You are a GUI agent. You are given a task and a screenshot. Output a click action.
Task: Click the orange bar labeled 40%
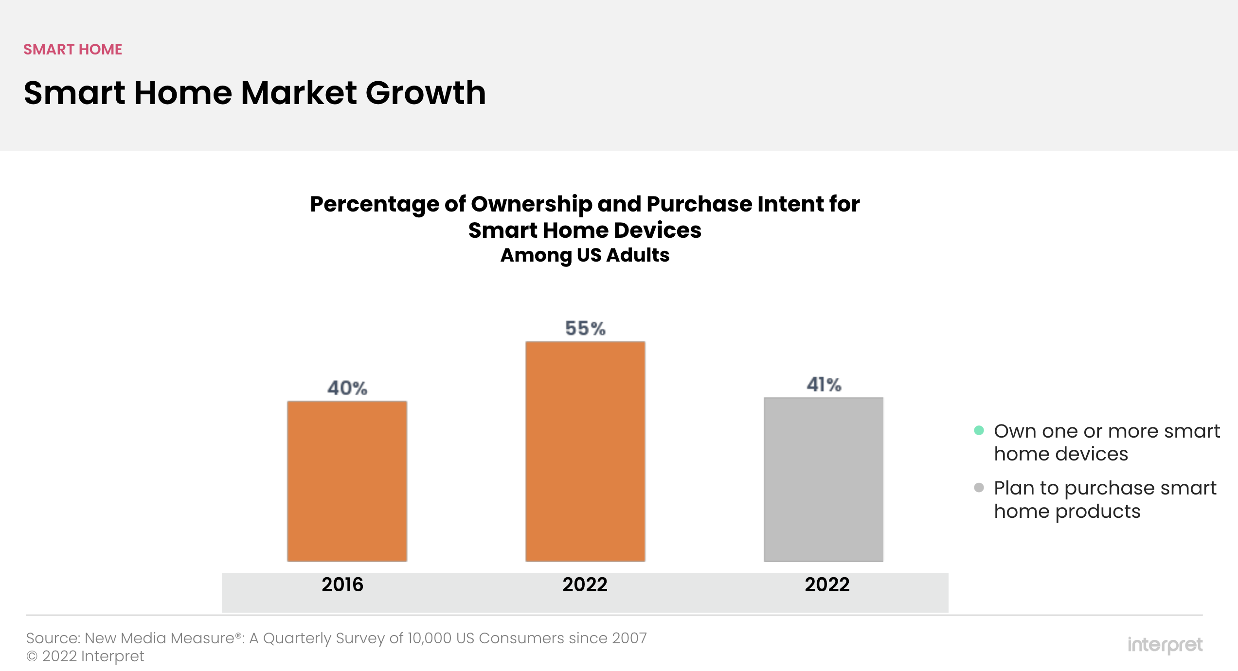click(x=347, y=481)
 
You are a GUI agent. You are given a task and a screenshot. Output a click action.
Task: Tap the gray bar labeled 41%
click(x=824, y=479)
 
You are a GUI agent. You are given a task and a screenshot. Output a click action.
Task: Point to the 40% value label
click(x=347, y=388)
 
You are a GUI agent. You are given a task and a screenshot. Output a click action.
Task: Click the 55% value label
click(x=585, y=329)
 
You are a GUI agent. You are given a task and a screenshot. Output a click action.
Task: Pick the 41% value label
click(x=824, y=385)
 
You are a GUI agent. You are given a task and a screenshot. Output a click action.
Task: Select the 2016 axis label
click(x=342, y=584)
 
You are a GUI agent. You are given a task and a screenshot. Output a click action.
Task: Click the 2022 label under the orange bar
click(x=585, y=584)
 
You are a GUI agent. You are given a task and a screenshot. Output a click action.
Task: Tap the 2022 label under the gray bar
click(x=827, y=584)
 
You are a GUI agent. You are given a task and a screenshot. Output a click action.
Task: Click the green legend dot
click(x=979, y=430)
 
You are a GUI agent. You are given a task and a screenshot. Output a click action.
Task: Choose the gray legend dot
click(x=979, y=487)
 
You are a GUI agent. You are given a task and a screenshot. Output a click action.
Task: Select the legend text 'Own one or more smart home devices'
click(x=1107, y=442)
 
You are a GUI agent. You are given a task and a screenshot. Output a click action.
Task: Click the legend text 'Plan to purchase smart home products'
click(x=1105, y=499)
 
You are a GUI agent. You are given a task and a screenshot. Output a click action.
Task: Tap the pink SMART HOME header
click(x=73, y=50)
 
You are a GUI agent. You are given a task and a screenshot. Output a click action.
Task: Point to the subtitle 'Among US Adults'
click(x=585, y=255)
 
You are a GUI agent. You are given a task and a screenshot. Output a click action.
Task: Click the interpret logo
click(x=1165, y=645)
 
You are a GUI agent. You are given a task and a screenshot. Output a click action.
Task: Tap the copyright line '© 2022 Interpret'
click(x=85, y=656)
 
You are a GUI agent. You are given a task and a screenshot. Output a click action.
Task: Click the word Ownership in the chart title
click(x=531, y=204)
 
